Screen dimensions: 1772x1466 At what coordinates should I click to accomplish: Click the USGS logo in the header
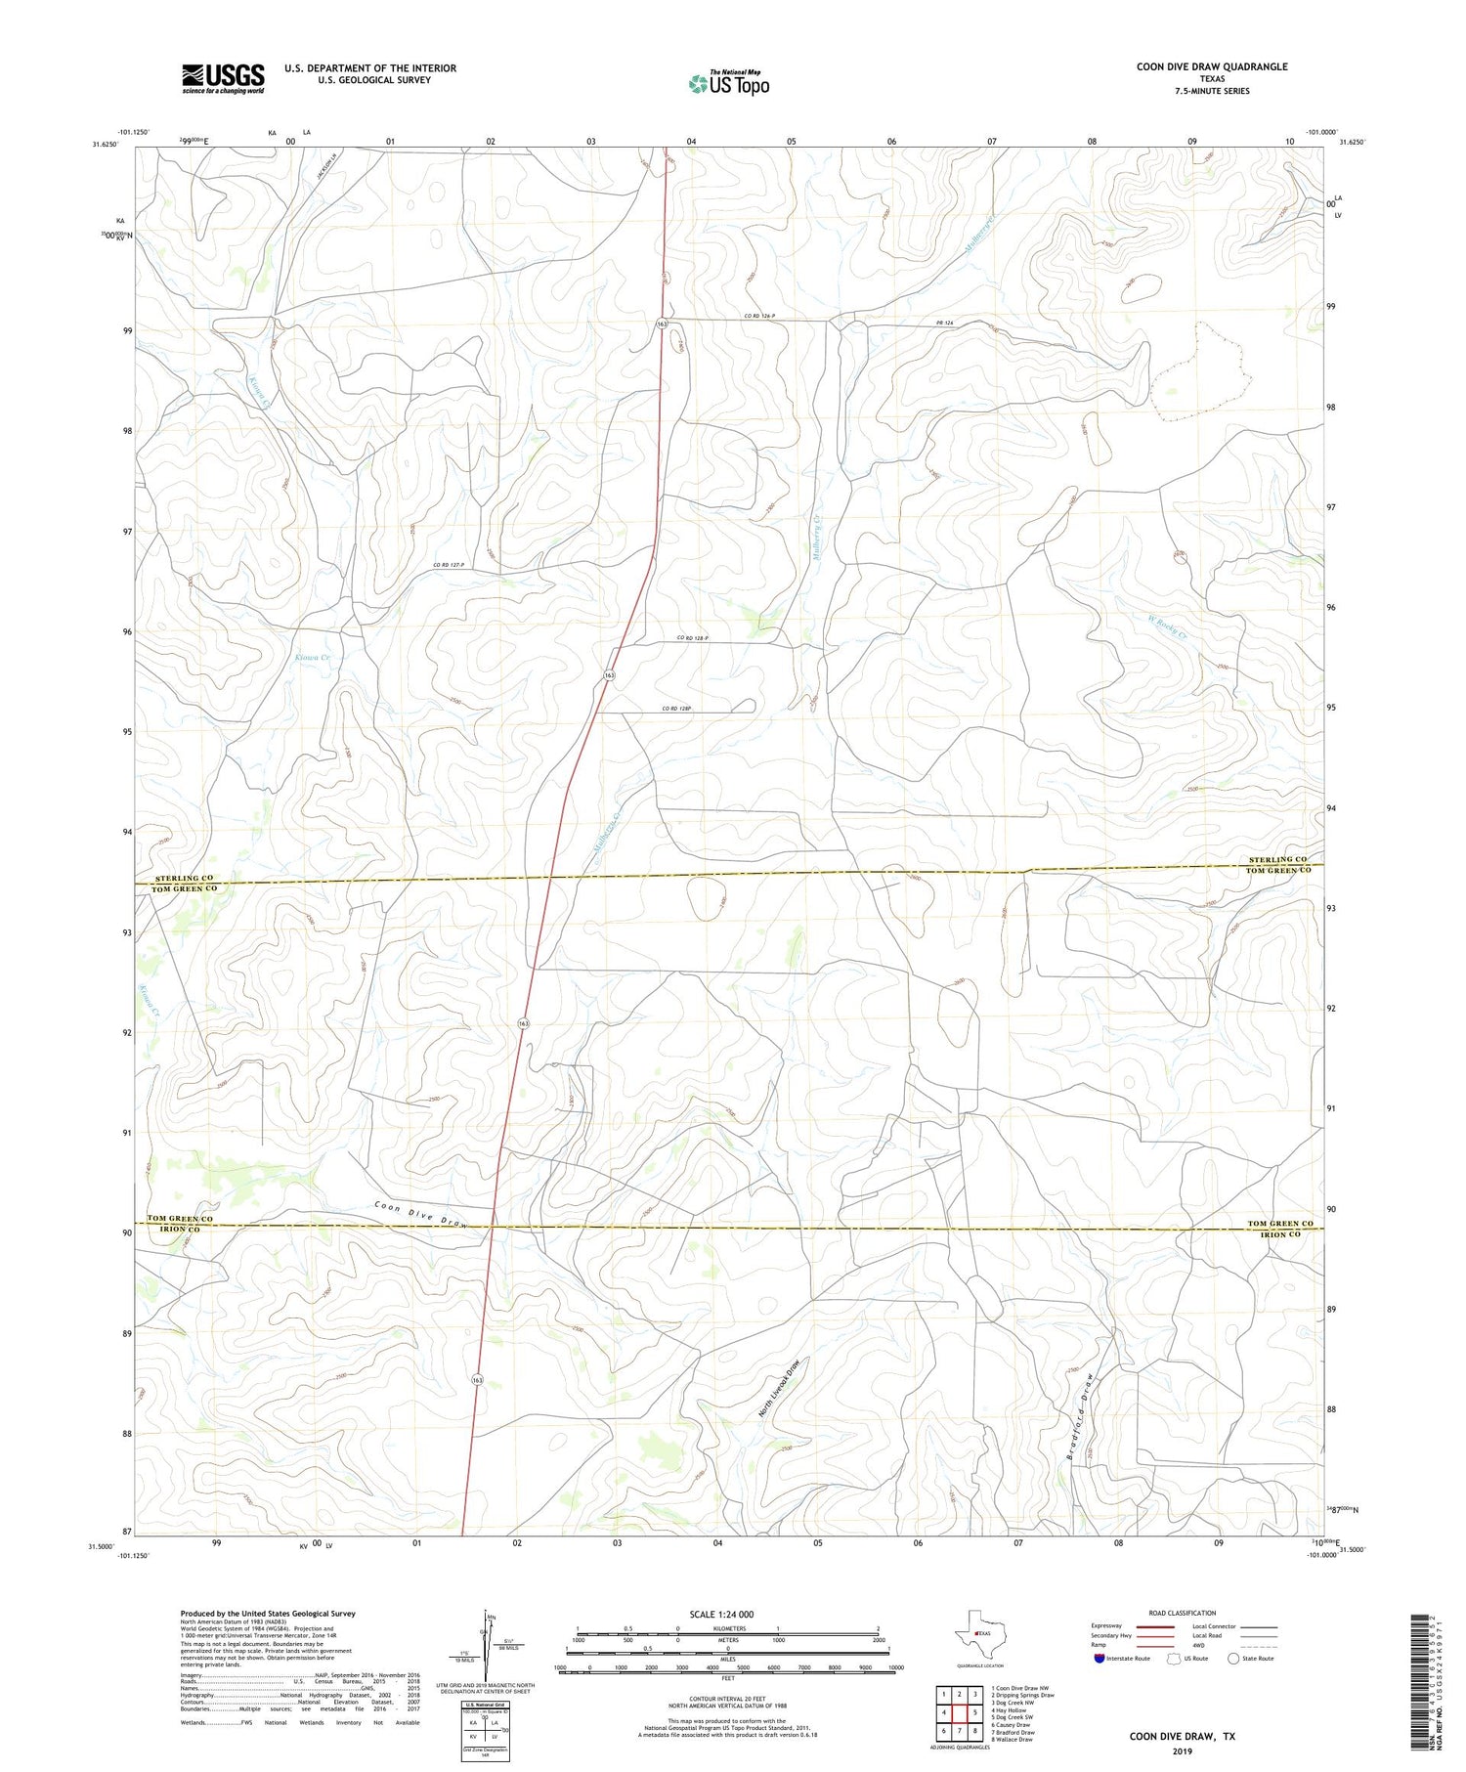click(223, 78)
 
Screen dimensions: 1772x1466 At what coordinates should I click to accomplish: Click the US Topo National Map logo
click(728, 83)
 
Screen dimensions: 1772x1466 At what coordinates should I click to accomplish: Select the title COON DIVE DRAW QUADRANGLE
click(1211, 66)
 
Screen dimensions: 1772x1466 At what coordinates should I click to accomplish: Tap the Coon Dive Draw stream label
click(421, 1214)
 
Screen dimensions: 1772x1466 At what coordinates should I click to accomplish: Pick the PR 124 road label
click(943, 323)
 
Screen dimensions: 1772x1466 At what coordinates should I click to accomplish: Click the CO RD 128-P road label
click(692, 638)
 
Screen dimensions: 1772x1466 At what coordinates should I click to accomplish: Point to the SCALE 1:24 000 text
click(721, 1614)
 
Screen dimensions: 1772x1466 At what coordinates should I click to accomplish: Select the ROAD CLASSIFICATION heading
click(1182, 1613)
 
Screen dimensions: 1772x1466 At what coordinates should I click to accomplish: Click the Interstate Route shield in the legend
click(1099, 1659)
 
